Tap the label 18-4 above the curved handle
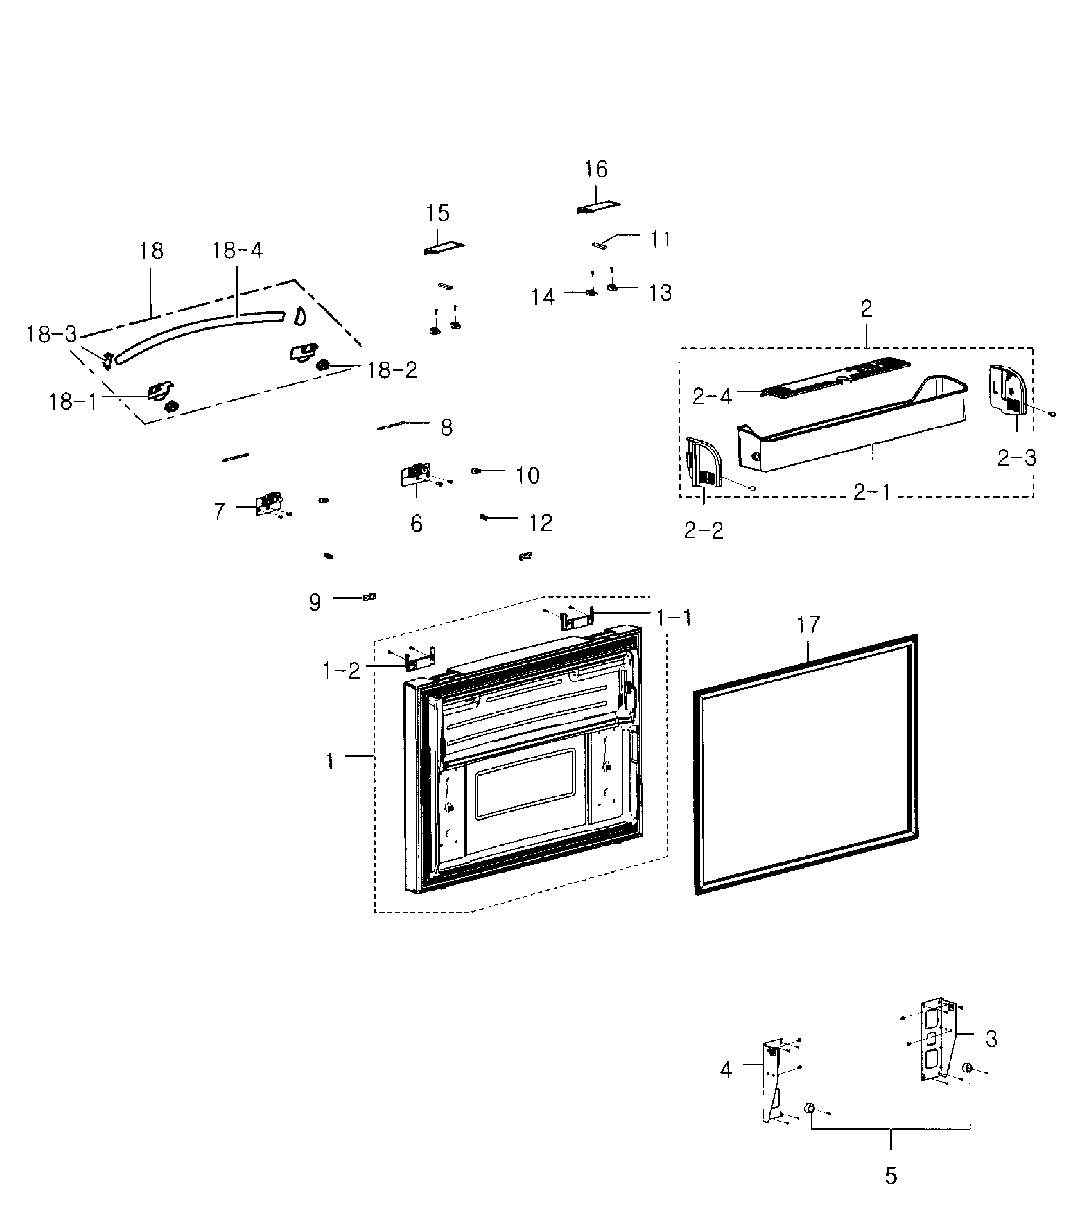[x=237, y=250]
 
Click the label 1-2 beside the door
[x=341, y=671]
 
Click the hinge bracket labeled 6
[x=414, y=475]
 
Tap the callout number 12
[x=541, y=523]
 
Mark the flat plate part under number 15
[x=444, y=247]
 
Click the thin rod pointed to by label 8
[x=391, y=426]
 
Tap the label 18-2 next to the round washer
[x=391, y=370]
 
